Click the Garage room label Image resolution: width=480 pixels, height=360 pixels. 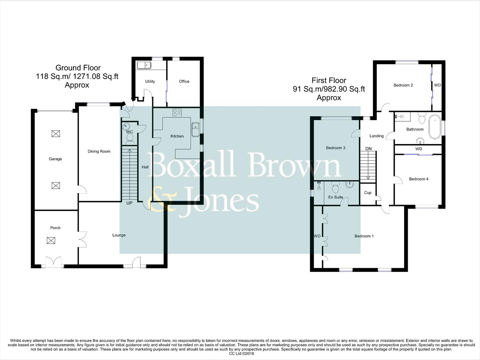click(x=55, y=159)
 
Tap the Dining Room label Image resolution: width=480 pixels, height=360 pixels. click(x=99, y=151)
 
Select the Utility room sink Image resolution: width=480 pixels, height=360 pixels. click(x=144, y=65)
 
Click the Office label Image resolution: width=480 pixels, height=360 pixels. click(x=184, y=81)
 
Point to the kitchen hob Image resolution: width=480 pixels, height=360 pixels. click(x=177, y=113)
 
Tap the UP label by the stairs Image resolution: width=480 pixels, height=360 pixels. click(x=129, y=203)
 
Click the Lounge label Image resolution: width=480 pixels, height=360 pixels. click(x=119, y=235)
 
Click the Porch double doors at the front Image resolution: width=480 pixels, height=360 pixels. click(x=53, y=262)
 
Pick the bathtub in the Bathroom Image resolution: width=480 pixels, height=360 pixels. click(x=434, y=127)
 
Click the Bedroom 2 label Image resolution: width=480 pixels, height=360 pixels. click(x=403, y=85)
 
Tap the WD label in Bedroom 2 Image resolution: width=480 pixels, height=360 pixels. click(x=437, y=85)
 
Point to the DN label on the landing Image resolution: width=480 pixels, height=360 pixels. click(x=368, y=149)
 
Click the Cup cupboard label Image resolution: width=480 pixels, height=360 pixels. click(x=368, y=193)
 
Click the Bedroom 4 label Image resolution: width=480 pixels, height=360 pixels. click(x=419, y=179)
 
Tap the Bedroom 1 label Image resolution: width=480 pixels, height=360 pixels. click(x=364, y=236)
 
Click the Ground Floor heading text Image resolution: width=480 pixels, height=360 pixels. click(x=78, y=68)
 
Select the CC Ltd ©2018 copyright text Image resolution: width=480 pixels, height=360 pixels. click(x=241, y=354)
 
